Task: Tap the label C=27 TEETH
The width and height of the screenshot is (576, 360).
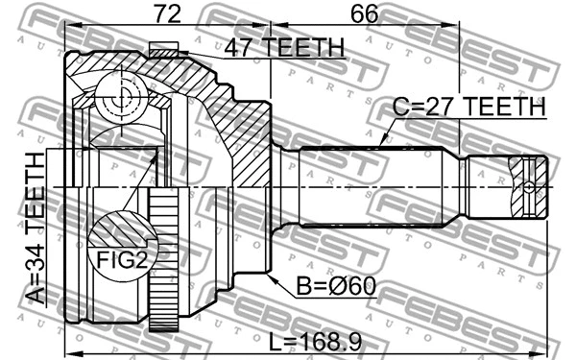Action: (468, 108)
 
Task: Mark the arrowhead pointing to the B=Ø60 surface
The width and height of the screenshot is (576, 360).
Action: (273, 277)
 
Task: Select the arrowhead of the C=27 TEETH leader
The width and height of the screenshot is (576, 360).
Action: (383, 143)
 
